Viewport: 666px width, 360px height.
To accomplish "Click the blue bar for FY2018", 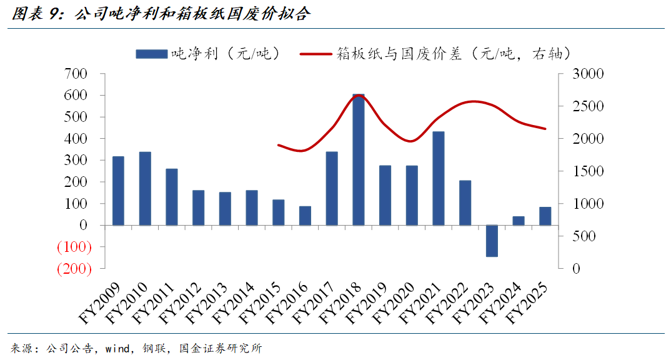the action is pos(359,159).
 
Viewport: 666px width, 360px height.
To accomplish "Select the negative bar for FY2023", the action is pos(492,241).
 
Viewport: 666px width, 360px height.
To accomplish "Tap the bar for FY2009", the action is pos(119,191).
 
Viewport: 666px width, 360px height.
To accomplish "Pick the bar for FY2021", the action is pos(439,179).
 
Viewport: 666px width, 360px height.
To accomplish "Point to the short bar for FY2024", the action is pos(519,221).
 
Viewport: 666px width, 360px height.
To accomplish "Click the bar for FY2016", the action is pos(305,216).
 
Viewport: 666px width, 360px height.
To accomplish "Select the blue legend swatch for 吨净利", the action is pos(152,54).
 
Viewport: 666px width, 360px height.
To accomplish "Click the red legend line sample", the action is pos(316,54).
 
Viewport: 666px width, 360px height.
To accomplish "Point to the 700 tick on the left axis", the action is pos(76,74).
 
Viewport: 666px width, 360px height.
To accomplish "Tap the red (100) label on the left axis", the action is pos(74,247).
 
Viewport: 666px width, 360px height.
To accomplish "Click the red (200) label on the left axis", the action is pos(74,269).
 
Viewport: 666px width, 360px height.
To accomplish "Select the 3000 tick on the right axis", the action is pos(588,74).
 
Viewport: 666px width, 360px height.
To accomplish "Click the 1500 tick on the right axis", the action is pos(588,171).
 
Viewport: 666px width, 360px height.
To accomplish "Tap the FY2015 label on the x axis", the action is pos(261,302).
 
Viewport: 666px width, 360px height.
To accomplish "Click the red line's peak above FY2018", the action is pos(359,95).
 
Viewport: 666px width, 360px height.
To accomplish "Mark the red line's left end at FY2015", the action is pos(278,145).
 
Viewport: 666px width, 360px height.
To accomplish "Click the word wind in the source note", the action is pos(117,349).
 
